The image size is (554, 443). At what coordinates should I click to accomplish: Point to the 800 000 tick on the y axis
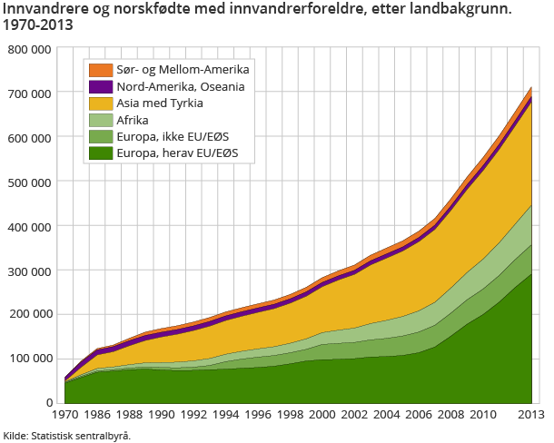[x=31, y=49]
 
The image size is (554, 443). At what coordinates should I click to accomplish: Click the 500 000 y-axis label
[x=31, y=182]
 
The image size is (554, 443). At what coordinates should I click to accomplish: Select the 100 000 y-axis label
[x=31, y=359]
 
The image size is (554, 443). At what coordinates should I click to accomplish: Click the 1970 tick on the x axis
[x=65, y=415]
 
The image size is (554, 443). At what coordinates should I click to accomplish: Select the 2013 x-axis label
[x=530, y=415]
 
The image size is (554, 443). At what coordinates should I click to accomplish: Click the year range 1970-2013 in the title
[x=39, y=26]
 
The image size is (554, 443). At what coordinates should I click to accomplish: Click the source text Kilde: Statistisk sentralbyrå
[x=67, y=436]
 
